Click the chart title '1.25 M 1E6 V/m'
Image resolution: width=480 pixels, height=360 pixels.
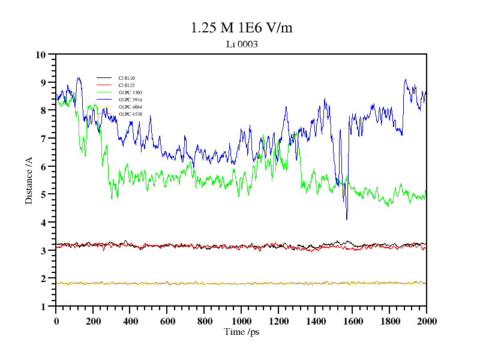tap(241, 28)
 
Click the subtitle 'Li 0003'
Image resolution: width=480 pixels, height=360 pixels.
tap(241, 44)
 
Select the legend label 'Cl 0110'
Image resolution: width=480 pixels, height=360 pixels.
tap(127, 78)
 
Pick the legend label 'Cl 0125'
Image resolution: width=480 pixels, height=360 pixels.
tap(127, 85)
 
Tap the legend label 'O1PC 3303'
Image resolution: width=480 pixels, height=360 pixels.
tap(130, 92)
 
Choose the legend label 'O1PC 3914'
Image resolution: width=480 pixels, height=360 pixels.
tap(130, 100)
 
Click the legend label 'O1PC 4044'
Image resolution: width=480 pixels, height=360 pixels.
tap(130, 107)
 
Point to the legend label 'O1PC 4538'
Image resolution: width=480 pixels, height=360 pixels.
tap(130, 114)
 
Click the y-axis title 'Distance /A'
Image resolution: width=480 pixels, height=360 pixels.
tap(29, 180)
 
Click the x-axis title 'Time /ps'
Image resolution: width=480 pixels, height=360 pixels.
tap(241, 332)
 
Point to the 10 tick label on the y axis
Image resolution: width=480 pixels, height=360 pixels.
tap(41, 55)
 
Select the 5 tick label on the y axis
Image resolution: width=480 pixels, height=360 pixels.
tap(43, 194)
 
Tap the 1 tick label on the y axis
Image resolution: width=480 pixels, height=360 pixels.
tap(43, 307)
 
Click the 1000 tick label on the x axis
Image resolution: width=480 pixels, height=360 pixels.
tap(241, 321)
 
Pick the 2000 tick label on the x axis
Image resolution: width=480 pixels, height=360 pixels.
tap(427, 321)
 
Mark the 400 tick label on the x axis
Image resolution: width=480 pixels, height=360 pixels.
tap(130, 321)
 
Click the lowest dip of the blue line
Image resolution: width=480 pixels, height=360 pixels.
tap(346, 219)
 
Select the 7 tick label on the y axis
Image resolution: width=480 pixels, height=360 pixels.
tap(43, 139)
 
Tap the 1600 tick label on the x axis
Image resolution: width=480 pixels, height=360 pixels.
tap(352, 321)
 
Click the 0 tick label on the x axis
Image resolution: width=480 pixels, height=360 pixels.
tap(56, 321)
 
